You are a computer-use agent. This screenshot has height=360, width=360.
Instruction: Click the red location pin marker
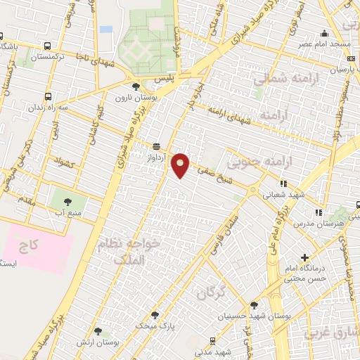click(182, 165)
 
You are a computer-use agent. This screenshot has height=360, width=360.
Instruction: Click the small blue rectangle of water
click(105, 30)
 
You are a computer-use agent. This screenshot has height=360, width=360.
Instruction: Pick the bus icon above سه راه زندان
click(48, 96)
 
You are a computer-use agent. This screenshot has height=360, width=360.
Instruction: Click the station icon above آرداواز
click(155, 146)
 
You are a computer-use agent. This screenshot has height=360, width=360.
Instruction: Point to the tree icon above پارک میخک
click(155, 314)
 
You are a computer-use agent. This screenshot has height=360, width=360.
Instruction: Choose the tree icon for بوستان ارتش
click(98, 330)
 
